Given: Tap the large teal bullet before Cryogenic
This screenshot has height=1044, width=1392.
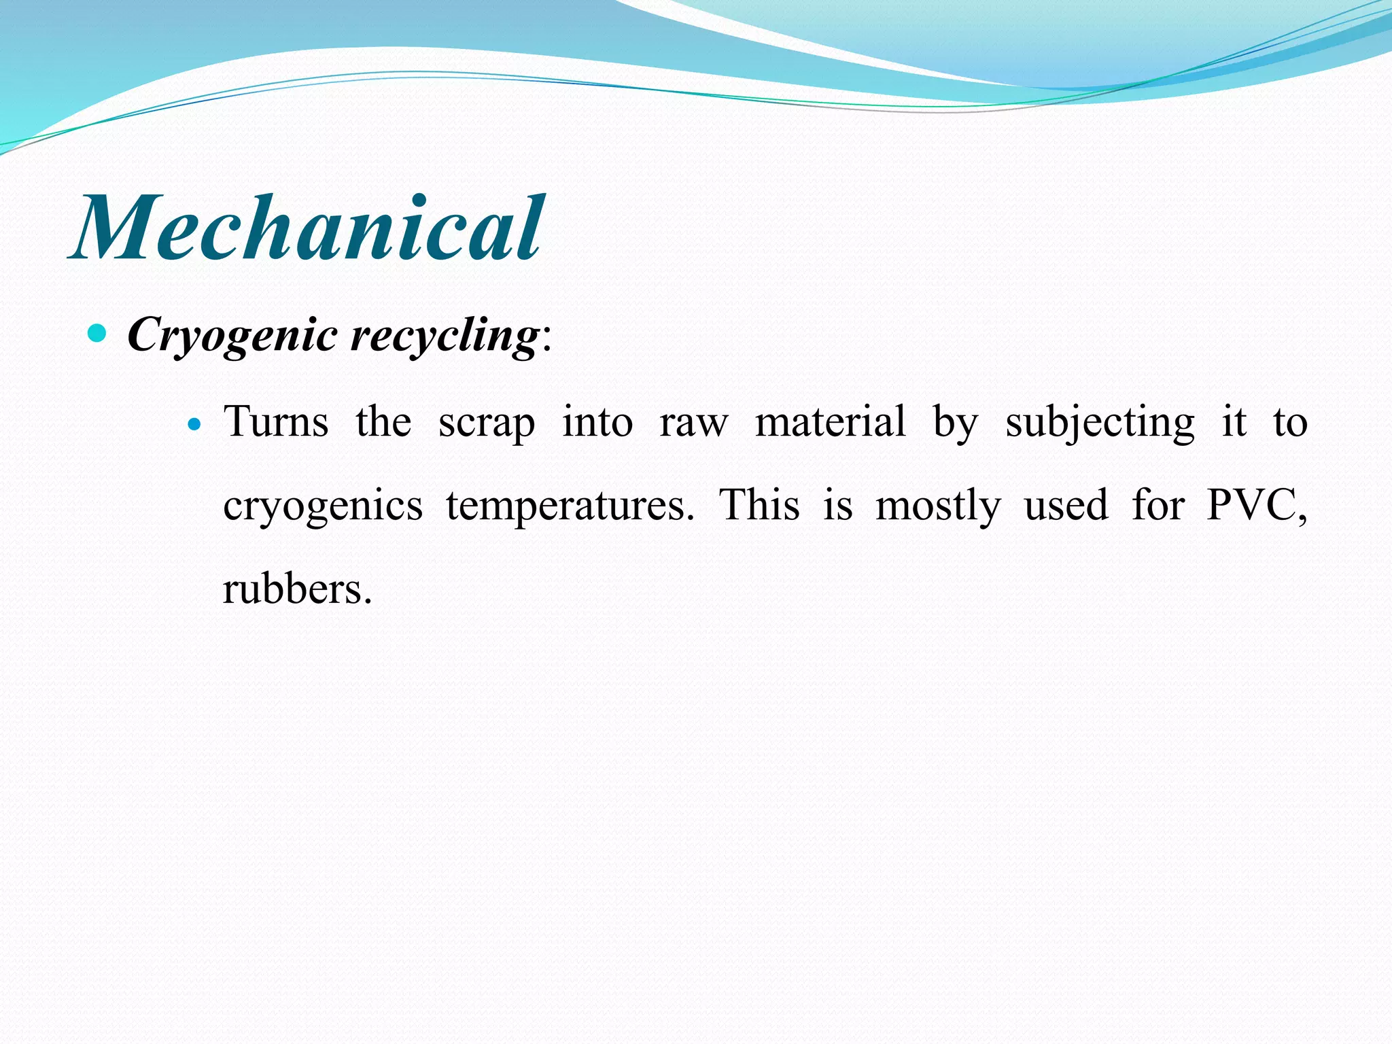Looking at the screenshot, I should point(98,333).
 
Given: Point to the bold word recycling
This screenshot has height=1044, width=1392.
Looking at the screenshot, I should point(445,335).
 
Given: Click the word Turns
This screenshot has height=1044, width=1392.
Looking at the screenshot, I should point(276,421).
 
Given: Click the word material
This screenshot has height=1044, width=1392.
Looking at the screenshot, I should point(830,421).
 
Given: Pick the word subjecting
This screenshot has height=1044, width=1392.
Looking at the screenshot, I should point(1099,423).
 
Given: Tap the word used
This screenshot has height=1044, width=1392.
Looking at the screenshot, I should point(1066,506).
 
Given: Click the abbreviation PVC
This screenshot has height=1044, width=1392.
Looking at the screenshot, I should point(1255,506).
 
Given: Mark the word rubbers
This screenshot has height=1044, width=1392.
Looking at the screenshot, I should point(297,589).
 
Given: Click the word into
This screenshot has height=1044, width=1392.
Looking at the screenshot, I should point(597,421).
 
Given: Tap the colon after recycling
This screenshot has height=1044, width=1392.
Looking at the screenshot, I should point(547,338).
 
